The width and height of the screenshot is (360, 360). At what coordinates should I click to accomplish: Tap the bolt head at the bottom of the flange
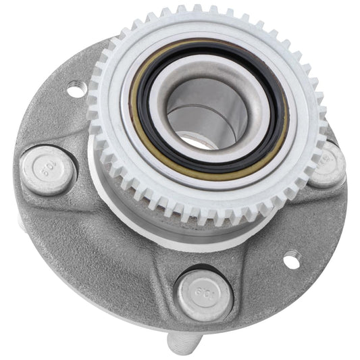click(205, 295)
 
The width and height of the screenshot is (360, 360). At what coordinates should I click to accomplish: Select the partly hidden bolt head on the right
click(329, 163)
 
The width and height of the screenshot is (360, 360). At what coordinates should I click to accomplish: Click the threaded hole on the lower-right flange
click(291, 260)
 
